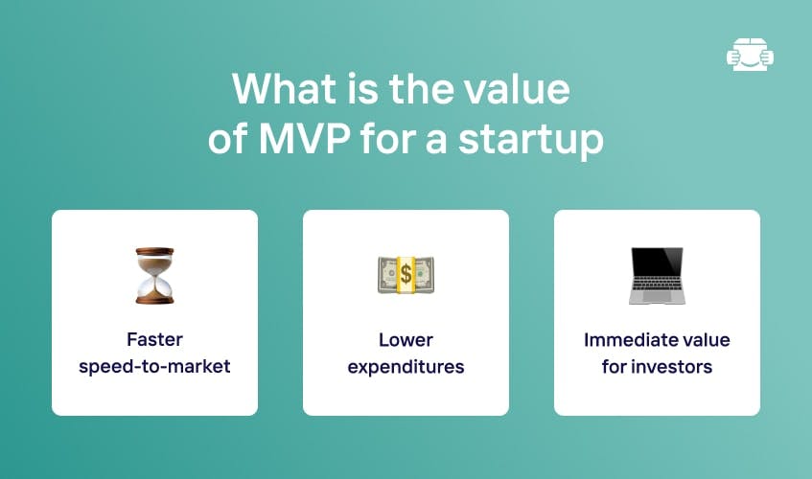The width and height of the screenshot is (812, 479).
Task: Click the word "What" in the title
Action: [x=284, y=88]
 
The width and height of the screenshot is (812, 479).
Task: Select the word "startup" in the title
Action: [x=531, y=140]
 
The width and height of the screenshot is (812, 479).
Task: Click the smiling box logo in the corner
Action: [x=750, y=54]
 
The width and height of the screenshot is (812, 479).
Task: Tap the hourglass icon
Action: [x=155, y=275]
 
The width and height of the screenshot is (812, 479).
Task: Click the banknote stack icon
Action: [x=406, y=275]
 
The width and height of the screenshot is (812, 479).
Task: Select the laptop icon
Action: [x=657, y=275]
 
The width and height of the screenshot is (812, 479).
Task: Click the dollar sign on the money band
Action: [x=406, y=274]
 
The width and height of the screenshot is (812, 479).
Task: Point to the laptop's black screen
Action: [x=657, y=262]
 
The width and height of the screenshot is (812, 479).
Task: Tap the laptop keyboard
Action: [x=657, y=284]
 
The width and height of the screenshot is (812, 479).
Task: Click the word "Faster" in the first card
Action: [x=155, y=339]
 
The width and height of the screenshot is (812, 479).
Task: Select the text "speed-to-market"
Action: [x=155, y=367]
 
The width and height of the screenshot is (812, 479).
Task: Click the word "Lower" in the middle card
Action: [x=406, y=340]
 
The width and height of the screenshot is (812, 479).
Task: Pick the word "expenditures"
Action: [x=406, y=367]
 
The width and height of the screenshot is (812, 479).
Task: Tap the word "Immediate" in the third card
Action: [x=627, y=340]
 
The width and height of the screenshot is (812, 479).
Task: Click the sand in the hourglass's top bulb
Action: [x=155, y=262]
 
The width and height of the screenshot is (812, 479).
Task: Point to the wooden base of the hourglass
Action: [x=155, y=300]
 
